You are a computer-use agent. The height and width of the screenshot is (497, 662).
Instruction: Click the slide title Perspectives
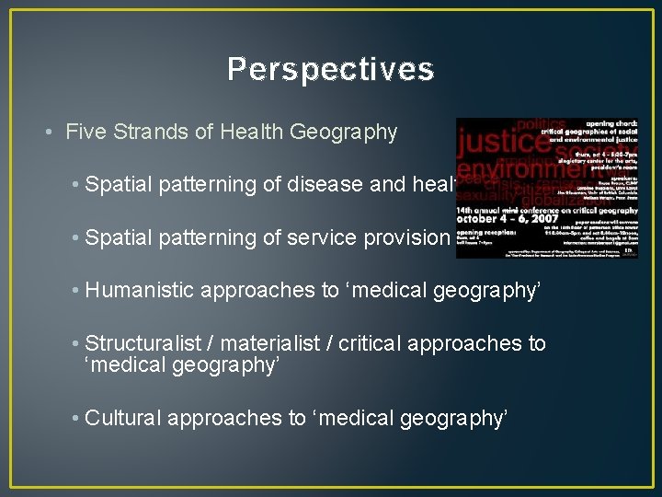pos(330,69)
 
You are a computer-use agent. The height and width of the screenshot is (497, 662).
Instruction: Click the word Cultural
pos(120,418)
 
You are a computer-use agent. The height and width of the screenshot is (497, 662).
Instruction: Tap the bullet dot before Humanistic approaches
pos(74,291)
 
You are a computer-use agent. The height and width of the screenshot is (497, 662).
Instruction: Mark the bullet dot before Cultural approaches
pos(74,419)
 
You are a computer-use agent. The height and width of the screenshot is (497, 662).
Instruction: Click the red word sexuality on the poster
pos(485,194)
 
